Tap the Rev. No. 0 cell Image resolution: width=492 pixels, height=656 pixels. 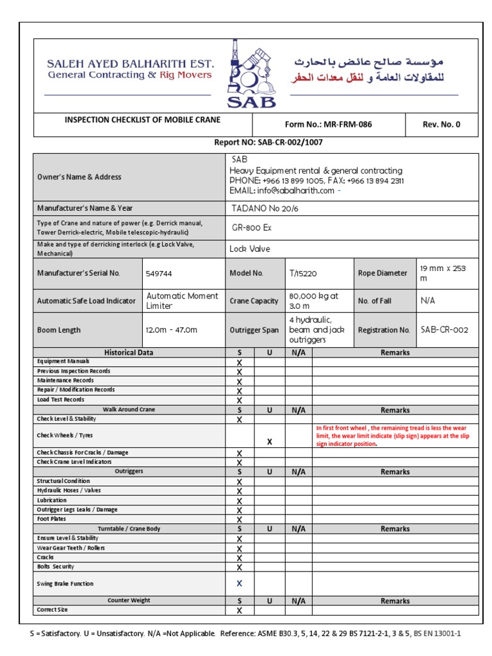441,124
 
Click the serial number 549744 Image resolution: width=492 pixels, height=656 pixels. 160,273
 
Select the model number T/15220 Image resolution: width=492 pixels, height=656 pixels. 303,273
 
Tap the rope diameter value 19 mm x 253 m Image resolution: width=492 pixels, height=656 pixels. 443,273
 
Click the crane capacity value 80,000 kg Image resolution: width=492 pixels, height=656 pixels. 314,300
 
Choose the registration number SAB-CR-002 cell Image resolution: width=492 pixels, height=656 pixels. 445,330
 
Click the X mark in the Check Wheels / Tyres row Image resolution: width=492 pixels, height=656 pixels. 270,441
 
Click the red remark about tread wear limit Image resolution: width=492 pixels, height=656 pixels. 393,435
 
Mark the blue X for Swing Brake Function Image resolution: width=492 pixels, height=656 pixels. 240,584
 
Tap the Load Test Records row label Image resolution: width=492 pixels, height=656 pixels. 61,399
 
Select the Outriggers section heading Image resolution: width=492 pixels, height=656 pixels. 129,471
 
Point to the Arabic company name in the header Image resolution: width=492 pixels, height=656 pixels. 368,69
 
